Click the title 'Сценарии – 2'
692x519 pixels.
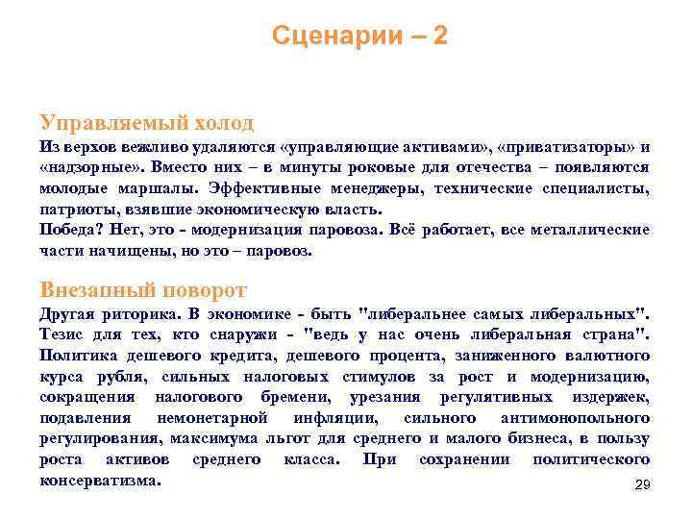click(x=359, y=37)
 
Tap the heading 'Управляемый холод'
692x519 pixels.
click(x=147, y=123)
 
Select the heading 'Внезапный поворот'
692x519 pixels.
click(x=144, y=289)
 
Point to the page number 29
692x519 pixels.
click(x=643, y=486)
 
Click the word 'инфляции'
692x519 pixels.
click(x=332, y=418)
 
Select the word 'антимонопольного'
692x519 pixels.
click(x=575, y=418)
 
